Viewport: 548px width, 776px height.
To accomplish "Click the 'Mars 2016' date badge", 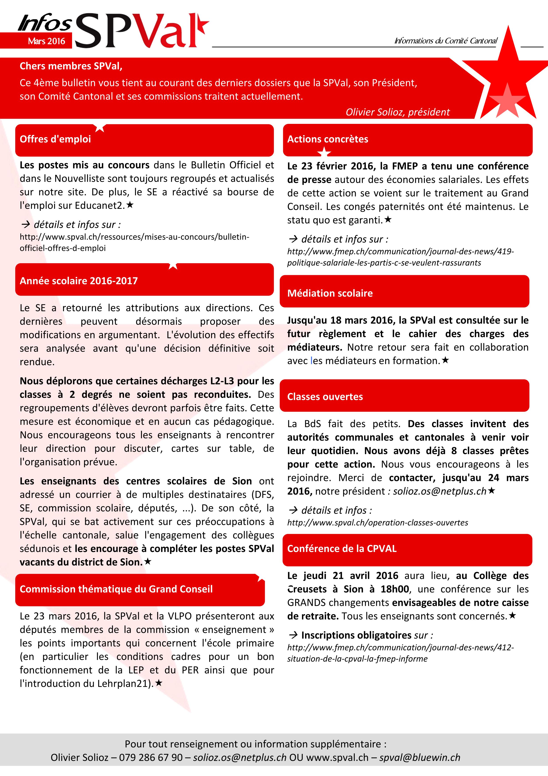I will click(x=46, y=41).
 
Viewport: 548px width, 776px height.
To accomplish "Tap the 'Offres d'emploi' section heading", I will click(x=55, y=139).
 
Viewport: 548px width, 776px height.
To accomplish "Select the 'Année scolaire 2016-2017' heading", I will click(x=79, y=281).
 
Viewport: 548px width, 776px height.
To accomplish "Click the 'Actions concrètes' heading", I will click(x=328, y=139).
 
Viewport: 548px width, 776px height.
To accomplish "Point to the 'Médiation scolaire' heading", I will click(x=330, y=293).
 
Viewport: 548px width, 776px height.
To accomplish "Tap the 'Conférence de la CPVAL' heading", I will click(x=342, y=549).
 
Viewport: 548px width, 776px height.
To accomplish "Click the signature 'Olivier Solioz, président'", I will click(x=397, y=112).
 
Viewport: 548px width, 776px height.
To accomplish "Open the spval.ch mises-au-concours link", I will click(x=134, y=242).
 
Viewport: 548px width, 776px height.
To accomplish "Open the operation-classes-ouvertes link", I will click(x=378, y=522).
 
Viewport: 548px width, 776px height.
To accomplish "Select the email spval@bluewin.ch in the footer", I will click(x=420, y=757).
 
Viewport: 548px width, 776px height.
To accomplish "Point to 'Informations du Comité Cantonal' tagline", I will click(x=446, y=41).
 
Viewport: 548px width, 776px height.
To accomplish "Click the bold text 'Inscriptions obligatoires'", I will click(x=356, y=635).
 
